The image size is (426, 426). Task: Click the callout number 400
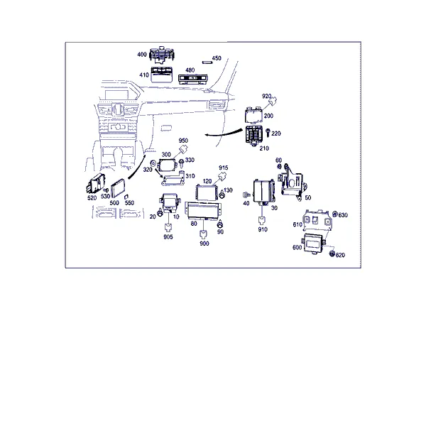click(142, 55)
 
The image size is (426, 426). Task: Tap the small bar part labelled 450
click(207, 62)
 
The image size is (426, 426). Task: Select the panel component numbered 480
click(192, 79)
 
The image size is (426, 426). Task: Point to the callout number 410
click(144, 75)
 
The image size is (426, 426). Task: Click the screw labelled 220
click(268, 133)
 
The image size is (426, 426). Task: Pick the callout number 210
click(264, 148)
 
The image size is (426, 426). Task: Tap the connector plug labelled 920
click(273, 102)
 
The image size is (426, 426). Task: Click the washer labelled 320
click(153, 164)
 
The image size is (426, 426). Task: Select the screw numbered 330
click(182, 163)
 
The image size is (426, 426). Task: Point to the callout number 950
click(183, 141)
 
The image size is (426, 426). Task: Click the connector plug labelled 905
click(168, 227)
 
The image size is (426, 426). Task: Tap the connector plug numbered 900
click(204, 234)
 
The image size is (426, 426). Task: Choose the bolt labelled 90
click(220, 224)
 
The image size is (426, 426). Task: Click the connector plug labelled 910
click(262, 220)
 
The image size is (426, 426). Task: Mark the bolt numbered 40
click(246, 195)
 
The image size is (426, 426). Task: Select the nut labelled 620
click(332, 253)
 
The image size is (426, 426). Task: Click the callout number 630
click(343, 215)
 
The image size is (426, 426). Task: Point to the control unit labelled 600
click(313, 244)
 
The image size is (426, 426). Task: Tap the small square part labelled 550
click(126, 197)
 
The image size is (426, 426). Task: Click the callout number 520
click(92, 198)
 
